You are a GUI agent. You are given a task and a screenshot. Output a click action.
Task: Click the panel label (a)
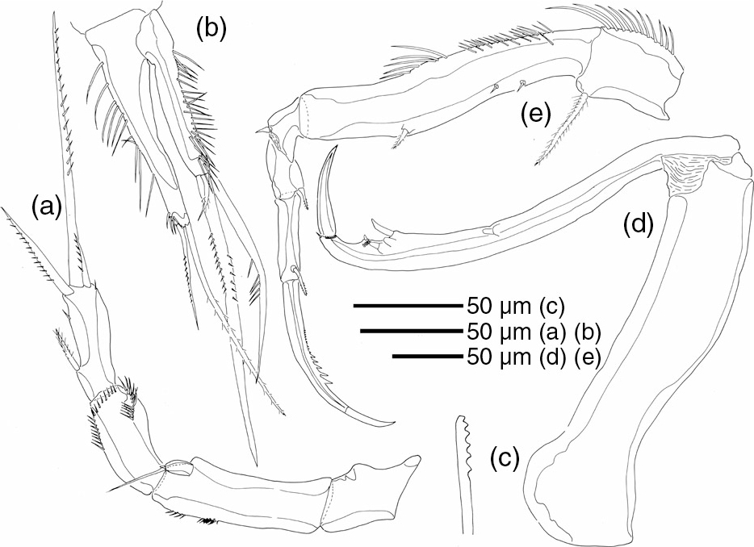point(47,207)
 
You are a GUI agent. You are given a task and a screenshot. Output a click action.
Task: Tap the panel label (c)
point(505,458)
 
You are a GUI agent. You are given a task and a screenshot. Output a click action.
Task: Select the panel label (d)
point(638,223)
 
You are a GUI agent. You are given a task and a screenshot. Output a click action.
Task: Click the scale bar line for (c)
point(408,305)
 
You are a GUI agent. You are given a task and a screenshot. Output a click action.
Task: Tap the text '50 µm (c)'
point(515,306)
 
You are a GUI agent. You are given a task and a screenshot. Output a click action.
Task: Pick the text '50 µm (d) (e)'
point(534,357)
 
